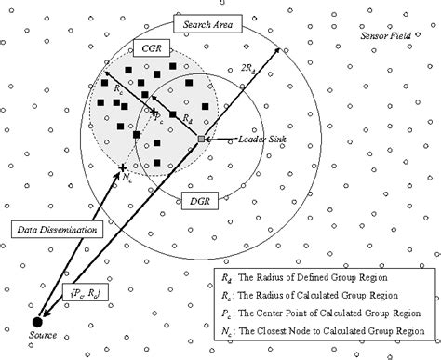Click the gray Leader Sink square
200,140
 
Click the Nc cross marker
123,168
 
